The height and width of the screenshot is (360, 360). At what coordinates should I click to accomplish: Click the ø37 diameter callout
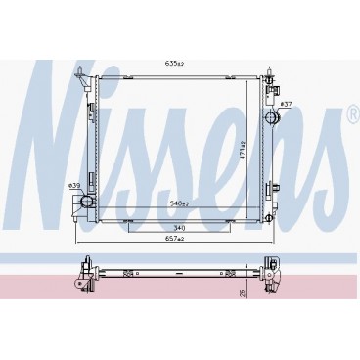[287, 102]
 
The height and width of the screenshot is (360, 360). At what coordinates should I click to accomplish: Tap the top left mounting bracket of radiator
[89, 75]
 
